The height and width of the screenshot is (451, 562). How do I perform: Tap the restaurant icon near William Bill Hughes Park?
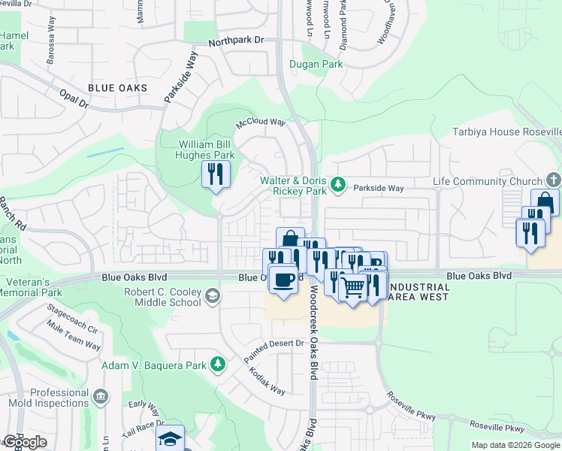pyautogui.click(x=216, y=174)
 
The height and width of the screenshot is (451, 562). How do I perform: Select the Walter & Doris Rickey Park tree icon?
pyautogui.click(x=339, y=183)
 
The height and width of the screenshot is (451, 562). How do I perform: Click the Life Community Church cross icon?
pyautogui.click(x=553, y=180)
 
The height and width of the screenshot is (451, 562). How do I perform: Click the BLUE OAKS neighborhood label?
pyautogui.click(x=117, y=88)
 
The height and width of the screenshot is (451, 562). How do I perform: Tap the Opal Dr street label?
pyautogui.click(x=74, y=98)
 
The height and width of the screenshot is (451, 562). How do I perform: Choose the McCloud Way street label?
pyautogui.click(x=261, y=122)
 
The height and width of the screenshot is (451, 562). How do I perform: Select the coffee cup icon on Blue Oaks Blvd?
pyautogui.click(x=283, y=280)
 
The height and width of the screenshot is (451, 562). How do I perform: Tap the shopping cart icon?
pyautogui.click(x=352, y=286)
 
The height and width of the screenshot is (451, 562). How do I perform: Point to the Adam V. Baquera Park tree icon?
pyautogui.click(x=218, y=365)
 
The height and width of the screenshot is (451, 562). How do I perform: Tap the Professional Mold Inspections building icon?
pyautogui.click(x=101, y=395)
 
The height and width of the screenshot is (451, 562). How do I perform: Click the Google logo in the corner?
pyautogui.click(x=25, y=442)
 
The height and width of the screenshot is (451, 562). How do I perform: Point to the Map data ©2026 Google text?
pyautogui.click(x=515, y=445)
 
